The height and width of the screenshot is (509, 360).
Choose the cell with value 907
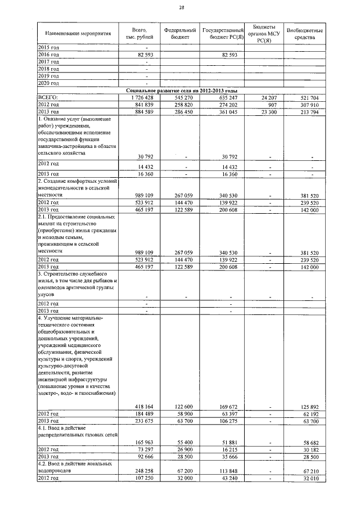click(x=272, y=105)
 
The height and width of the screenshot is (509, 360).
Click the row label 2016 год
click(x=48, y=55)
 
